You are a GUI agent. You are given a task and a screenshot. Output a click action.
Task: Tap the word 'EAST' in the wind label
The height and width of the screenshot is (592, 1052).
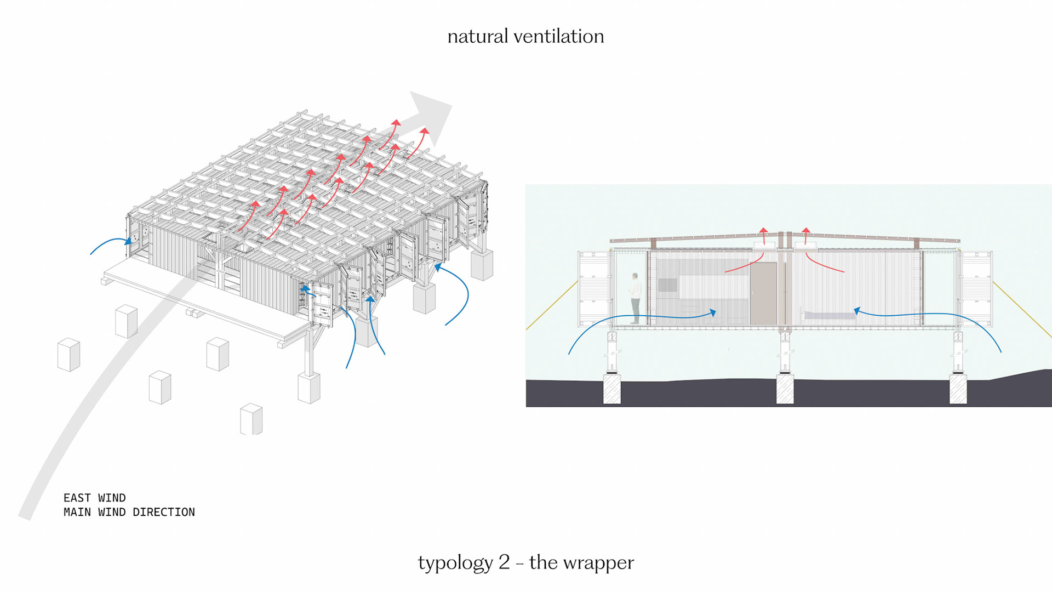pos(77,498)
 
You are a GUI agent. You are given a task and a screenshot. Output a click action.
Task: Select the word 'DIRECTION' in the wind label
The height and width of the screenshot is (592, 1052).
pos(164,512)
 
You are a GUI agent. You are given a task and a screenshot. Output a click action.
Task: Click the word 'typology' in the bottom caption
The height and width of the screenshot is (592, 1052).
pos(455,563)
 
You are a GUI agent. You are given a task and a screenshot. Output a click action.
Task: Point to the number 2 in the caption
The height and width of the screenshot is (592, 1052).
pos(504,562)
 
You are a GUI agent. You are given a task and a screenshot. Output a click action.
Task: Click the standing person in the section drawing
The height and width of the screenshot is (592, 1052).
pos(635,298)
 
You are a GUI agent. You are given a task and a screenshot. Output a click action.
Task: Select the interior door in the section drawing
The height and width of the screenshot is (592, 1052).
pos(763,293)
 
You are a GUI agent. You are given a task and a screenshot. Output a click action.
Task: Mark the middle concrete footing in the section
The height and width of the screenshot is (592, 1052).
pos(785,389)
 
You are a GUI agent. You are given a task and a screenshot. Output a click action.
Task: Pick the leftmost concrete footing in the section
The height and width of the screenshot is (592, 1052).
pos(611,389)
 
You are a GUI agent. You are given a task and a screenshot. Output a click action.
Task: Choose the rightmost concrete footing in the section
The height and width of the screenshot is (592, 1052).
pos(958,389)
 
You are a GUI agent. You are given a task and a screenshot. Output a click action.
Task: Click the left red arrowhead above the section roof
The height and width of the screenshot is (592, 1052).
pos(763,231)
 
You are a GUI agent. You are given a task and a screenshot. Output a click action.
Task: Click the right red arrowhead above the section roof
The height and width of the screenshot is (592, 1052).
pos(806,231)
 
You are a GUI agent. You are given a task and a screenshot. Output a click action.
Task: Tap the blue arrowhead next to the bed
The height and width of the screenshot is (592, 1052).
pos(857,311)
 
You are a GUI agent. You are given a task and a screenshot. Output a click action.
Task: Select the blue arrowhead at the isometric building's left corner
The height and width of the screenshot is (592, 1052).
pos(128,241)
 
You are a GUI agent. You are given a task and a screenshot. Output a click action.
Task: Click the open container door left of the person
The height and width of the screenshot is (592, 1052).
pos(594,288)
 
